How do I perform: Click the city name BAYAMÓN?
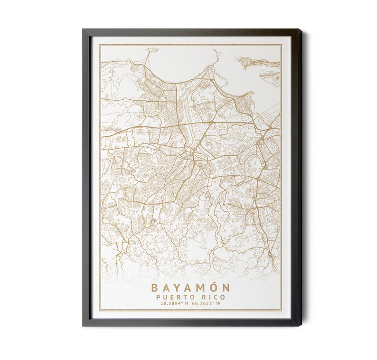[x=190, y=288]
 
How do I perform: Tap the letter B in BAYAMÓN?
[x=154, y=288]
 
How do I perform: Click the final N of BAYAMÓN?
[x=226, y=288]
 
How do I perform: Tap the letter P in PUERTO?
[x=158, y=297]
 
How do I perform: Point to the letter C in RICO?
[x=217, y=297]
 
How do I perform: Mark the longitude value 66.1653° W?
[x=206, y=304]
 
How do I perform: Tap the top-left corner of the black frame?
[x=83, y=30]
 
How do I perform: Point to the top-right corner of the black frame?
[x=301, y=30]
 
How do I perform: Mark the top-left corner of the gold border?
[x=100, y=45]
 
